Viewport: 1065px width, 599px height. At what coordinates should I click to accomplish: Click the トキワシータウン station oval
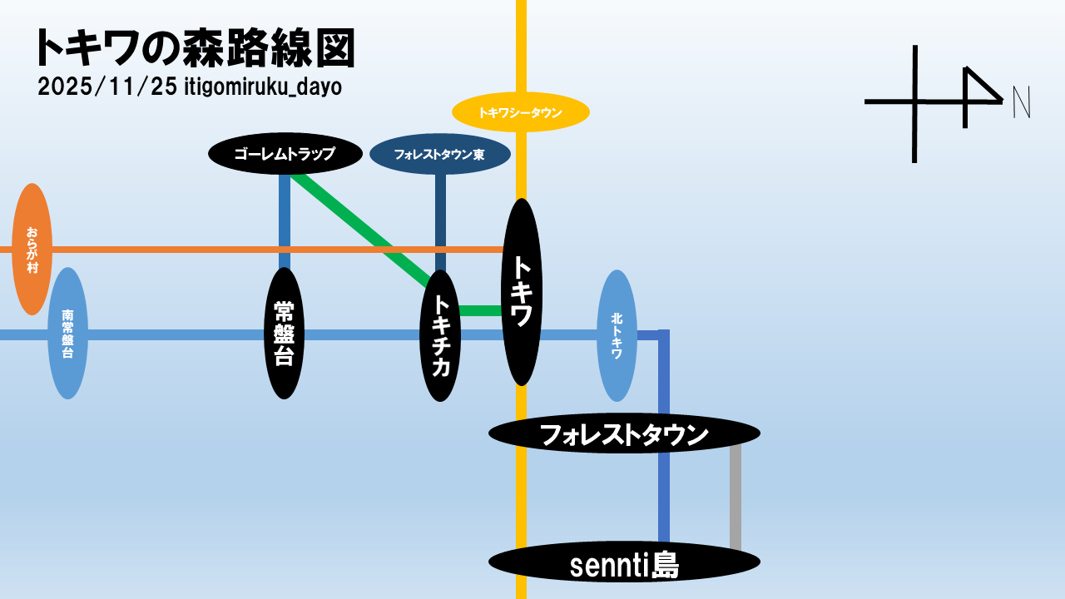pos(521,112)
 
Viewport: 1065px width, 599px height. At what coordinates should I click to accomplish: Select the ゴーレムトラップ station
pos(285,154)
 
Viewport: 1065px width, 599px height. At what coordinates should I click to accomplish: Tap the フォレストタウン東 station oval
pos(439,155)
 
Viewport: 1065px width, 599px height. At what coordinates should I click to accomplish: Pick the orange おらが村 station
pos(32,249)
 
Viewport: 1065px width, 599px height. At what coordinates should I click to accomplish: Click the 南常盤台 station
pos(68,334)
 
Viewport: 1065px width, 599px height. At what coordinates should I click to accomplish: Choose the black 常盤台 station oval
pos(285,333)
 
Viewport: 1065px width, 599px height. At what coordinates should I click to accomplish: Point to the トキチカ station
pos(440,335)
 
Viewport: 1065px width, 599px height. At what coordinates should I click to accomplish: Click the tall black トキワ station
pos(522,291)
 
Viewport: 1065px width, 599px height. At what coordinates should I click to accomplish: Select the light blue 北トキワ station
pos(617,335)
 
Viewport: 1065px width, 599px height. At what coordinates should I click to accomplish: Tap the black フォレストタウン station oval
pos(624,433)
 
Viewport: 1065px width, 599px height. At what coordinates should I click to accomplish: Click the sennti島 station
pos(624,563)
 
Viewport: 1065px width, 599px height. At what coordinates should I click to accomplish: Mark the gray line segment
pos(736,499)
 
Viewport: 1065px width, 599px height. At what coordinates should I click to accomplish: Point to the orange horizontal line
pos(166,249)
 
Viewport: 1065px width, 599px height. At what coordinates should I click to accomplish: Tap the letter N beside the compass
pos(1022,102)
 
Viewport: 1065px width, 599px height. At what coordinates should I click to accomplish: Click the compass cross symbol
pos(915,102)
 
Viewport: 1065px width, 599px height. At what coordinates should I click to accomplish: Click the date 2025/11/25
pos(106,87)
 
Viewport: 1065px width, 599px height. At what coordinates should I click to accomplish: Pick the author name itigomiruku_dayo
pos(263,87)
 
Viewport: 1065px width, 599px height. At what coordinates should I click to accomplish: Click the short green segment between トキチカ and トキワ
pos(480,311)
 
